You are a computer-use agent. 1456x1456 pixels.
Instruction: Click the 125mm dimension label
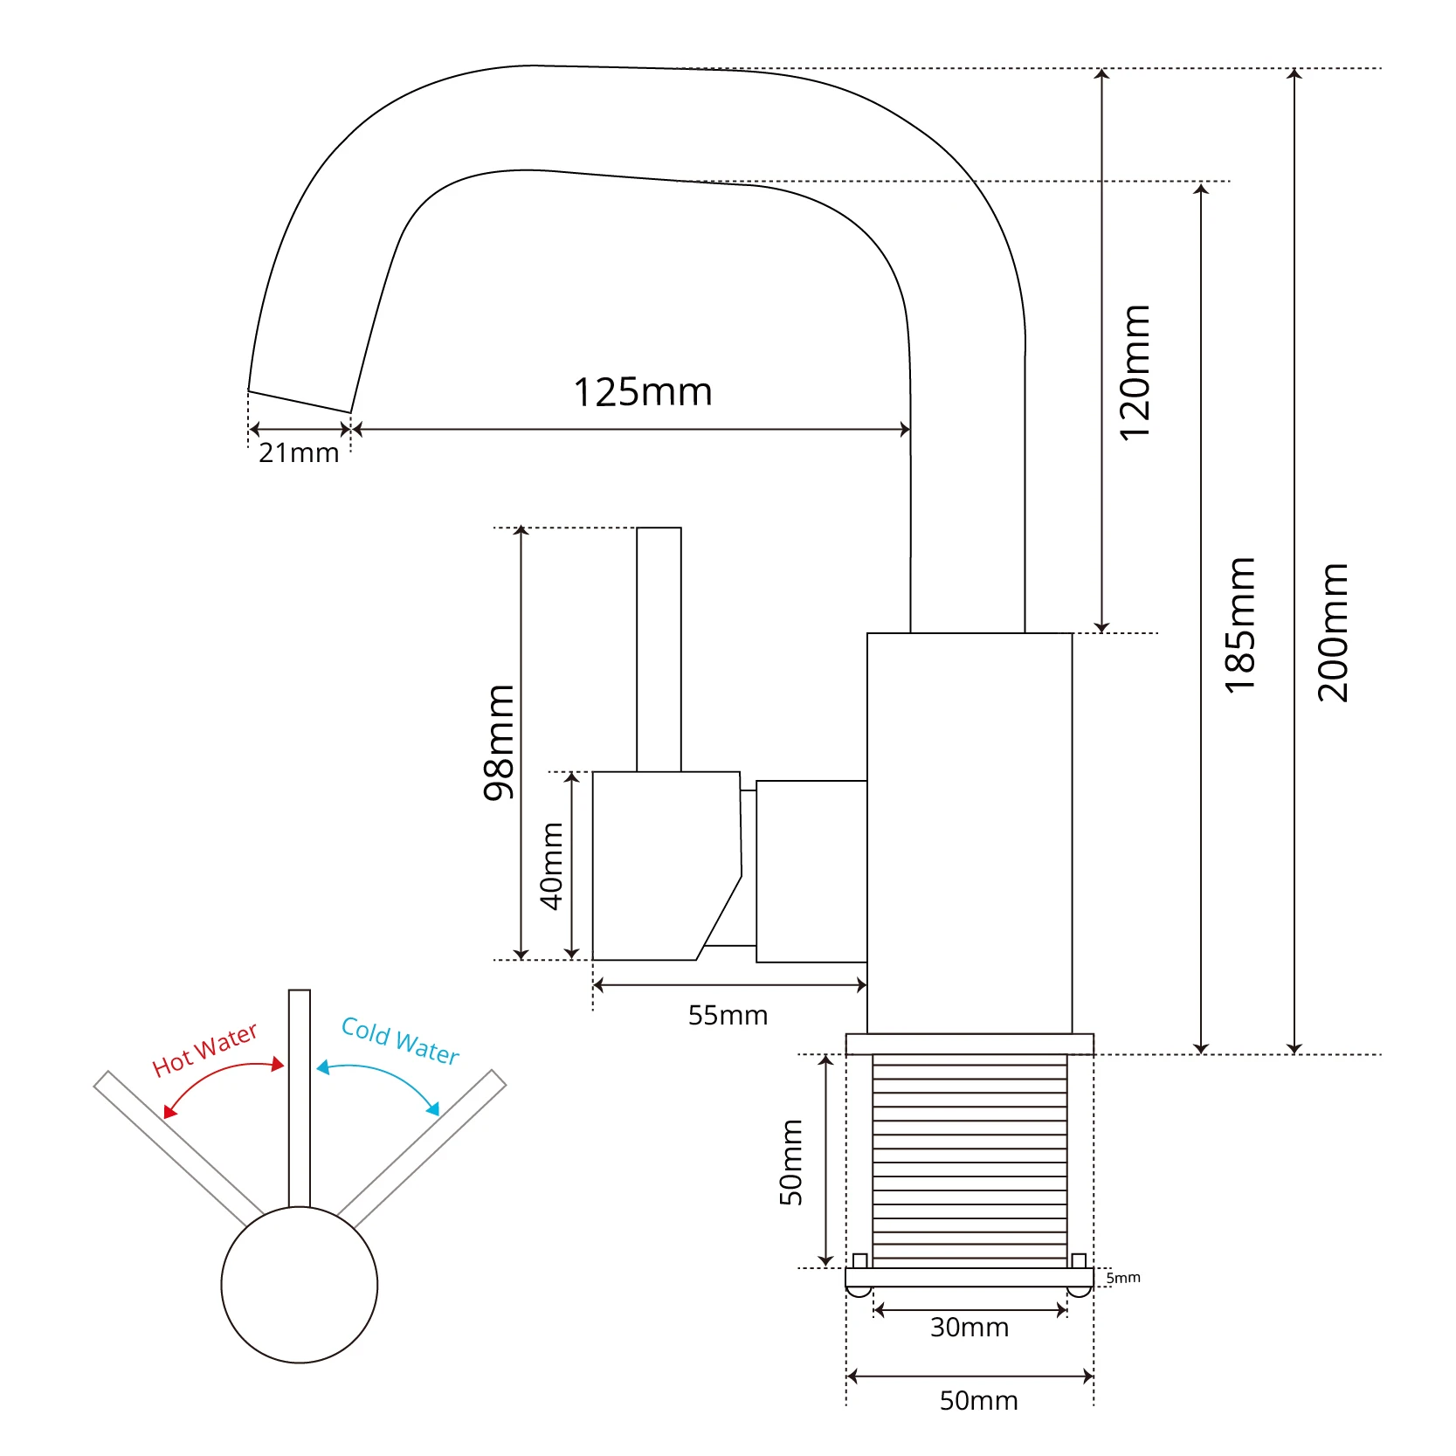point(643,392)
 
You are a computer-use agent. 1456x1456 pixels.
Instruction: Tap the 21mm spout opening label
point(299,452)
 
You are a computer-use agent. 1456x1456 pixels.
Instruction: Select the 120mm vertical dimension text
point(1135,373)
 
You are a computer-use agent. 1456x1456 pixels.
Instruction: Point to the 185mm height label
point(1239,625)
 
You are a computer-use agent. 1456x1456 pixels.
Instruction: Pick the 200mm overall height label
point(1333,632)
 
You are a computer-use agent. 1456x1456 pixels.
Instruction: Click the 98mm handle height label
point(500,742)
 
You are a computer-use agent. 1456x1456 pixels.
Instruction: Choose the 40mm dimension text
point(552,866)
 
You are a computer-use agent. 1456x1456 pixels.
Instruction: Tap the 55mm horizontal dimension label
point(728,1015)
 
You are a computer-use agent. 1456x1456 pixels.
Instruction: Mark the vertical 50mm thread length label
point(790,1162)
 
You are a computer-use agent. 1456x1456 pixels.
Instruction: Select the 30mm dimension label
point(970,1327)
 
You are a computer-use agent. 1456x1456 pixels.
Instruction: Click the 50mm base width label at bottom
point(978,1400)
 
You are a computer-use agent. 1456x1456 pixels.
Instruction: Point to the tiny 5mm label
point(1123,1277)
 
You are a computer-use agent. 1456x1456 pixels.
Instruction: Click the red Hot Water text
point(205,1049)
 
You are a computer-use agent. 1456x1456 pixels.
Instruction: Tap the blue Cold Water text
point(400,1040)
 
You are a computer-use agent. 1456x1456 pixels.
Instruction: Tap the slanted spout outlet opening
point(300,401)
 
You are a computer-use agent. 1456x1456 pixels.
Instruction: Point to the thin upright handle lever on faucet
point(659,649)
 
